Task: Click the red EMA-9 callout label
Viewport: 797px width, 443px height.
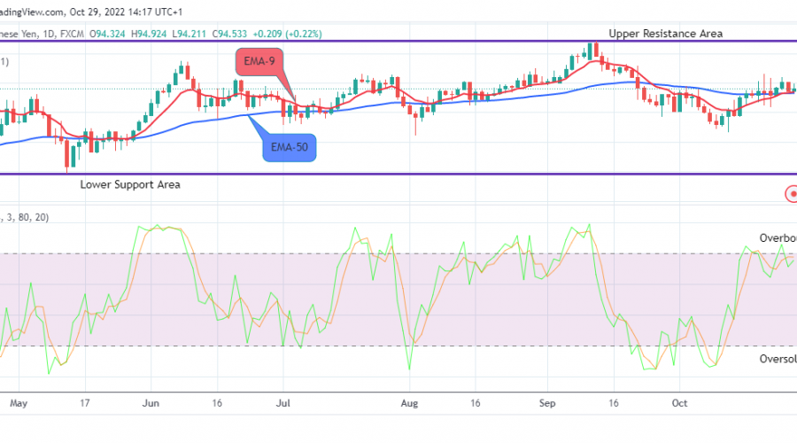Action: point(262,63)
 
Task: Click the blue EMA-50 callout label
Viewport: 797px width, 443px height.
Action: point(290,146)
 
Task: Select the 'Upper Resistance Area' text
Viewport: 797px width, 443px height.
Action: point(665,34)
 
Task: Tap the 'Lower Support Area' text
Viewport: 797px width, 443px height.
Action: point(130,185)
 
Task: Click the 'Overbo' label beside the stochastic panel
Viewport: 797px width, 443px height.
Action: point(777,238)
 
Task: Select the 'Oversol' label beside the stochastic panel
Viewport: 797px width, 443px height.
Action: point(777,359)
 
